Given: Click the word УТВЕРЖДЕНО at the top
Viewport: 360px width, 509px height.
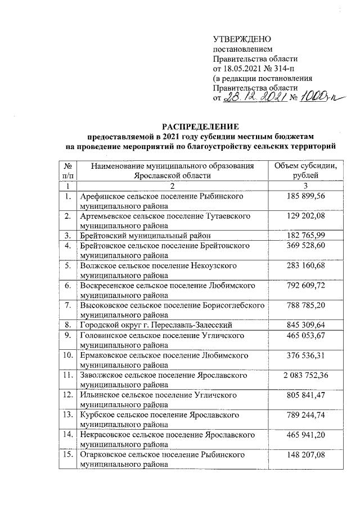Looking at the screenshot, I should (x=242, y=39).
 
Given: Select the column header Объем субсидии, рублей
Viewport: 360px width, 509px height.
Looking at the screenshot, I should (x=305, y=170).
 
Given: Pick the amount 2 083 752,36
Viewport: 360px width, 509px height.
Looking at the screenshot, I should (x=305, y=375).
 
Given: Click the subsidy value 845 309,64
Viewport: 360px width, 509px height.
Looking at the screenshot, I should (x=305, y=324).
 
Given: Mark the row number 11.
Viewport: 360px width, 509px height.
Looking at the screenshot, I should (x=67, y=375).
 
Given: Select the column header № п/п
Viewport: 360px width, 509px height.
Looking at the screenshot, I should (x=67, y=170).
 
